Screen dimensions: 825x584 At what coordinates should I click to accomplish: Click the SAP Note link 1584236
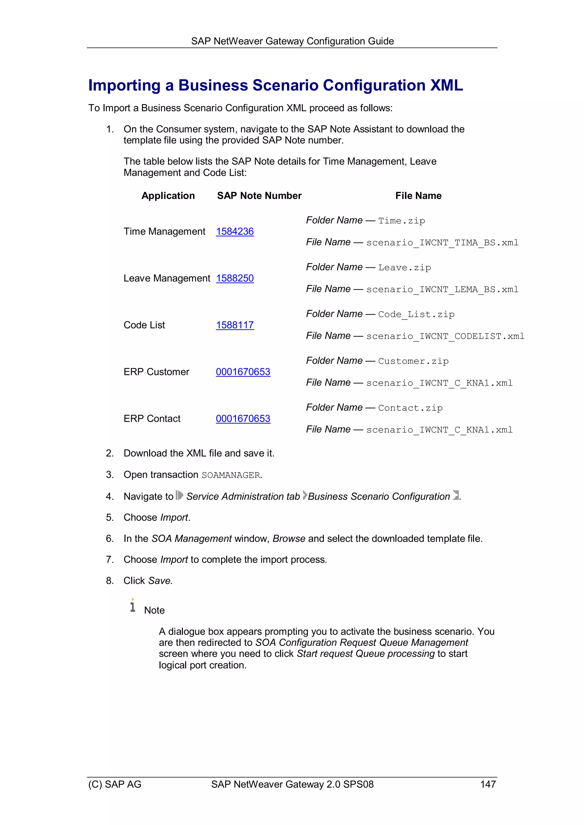235,232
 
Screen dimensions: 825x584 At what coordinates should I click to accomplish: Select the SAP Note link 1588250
235,278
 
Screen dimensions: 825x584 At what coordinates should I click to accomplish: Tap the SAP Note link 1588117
235,325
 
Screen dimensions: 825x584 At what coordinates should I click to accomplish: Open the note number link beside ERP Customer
243,372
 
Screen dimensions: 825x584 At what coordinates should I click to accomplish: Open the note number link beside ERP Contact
243,419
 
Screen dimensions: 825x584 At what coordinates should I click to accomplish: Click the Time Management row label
165,232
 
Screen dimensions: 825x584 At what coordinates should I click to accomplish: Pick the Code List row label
144,325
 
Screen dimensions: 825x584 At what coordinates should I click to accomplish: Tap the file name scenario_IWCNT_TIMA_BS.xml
442,243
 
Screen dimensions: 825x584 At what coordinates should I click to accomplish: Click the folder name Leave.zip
404,268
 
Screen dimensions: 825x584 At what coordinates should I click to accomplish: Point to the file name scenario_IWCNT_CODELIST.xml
445,336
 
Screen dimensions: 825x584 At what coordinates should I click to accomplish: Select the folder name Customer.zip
413,361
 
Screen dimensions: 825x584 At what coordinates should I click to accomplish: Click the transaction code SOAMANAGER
231,475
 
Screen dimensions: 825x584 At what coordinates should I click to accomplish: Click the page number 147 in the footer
488,784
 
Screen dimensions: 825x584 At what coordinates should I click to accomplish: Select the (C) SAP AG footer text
115,784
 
